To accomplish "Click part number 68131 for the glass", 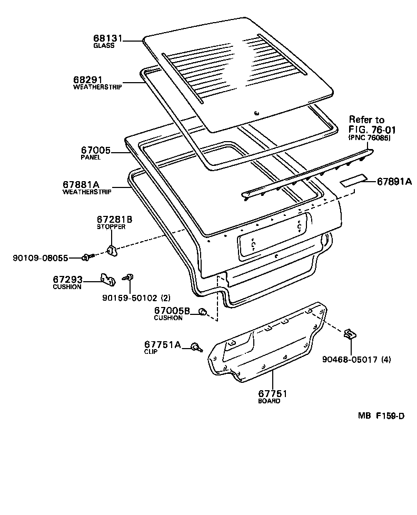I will (108, 38).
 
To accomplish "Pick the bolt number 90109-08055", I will (41, 257).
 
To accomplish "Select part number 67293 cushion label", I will (67, 279).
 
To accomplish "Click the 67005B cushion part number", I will (172, 311).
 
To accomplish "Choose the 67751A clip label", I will (162, 344).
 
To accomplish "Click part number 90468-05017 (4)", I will (356, 360).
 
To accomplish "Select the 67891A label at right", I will (394, 181).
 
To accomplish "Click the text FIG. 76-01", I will (372, 130).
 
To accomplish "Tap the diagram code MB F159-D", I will (381, 416).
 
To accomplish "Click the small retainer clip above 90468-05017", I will (350, 334).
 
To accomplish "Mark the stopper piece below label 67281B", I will (112, 250).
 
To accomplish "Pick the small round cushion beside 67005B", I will (201, 313).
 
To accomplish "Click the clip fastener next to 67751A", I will (195, 346).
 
